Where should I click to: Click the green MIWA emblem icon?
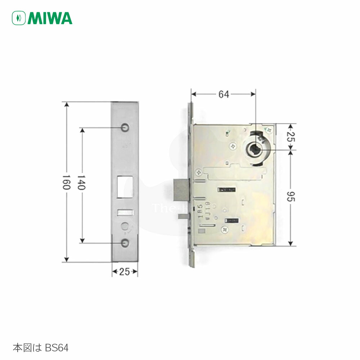coord(19,18)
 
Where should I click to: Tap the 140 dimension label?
coord(82,184)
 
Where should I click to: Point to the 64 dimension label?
coord(224,94)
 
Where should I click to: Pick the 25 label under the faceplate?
coord(124,272)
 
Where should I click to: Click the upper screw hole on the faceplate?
coord(125,127)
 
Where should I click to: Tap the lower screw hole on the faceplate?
coord(125,243)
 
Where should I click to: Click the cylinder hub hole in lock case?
coord(255,148)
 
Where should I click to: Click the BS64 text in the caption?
coord(57,348)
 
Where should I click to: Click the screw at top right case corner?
coord(267,129)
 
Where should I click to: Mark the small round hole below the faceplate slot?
coord(125,226)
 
